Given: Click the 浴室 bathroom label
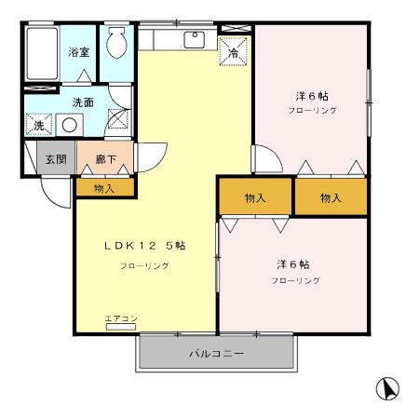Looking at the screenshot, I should click(x=78, y=52).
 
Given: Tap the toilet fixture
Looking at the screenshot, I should click(x=117, y=42).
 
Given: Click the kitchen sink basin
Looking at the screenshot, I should click(x=195, y=39).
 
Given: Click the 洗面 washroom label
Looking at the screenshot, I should click(x=83, y=101).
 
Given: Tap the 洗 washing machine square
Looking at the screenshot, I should click(x=39, y=125).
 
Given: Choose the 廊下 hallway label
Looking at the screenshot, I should click(x=105, y=159).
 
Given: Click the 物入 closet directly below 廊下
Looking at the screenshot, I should click(x=104, y=188).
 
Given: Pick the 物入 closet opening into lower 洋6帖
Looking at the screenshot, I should click(x=255, y=197).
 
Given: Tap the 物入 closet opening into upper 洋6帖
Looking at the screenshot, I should click(x=331, y=197).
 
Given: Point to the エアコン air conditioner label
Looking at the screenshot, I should click(x=121, y=319).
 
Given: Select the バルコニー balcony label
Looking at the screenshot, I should click(x=216, y=354).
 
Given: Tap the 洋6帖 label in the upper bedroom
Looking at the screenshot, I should click(x=311, y=96).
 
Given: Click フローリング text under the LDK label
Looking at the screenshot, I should click(x=144, y=266).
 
